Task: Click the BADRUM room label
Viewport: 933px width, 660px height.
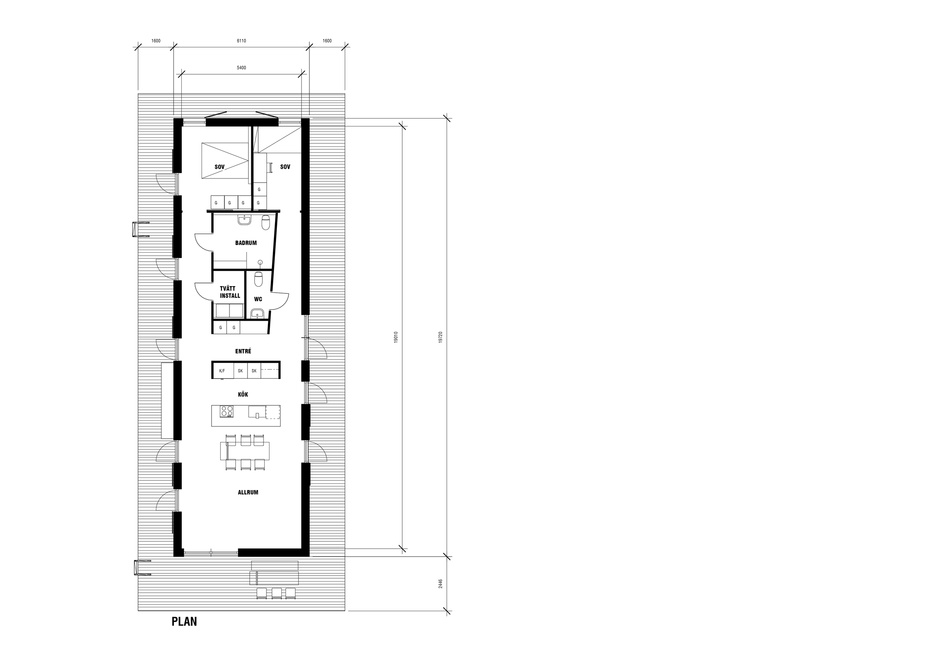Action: pos(246,243)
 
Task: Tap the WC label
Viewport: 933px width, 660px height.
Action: pos(258,299)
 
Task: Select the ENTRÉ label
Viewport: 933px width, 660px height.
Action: pos(243,351)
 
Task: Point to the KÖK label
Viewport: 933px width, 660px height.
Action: pos(243,394)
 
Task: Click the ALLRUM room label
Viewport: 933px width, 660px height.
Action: pos(248,492)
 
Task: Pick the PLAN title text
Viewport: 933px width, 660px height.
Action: pos(184,633)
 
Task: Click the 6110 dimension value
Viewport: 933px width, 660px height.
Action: pos(241,41)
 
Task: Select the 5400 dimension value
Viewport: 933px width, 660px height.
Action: pos(241,68)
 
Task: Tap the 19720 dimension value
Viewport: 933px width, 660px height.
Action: pos(440,337)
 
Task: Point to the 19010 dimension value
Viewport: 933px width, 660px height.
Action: pos(396,337)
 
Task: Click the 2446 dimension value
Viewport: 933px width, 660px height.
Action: pos(440,584)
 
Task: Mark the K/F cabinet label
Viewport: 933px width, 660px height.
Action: pos(222,371)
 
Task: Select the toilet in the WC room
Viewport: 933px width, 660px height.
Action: pos(259,279)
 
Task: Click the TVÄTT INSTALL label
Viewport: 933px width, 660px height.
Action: pos(230,292)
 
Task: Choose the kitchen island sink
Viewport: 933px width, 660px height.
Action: pos(257,412)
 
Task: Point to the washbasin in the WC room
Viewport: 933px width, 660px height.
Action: pos(257,313)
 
